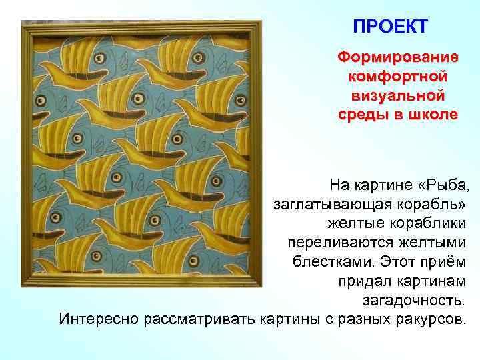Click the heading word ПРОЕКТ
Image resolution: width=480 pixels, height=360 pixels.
click(391, 27)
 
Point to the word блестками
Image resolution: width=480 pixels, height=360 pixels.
click(335, 260)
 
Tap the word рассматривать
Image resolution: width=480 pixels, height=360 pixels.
click(198, 318)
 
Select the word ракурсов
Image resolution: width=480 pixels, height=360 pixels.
click(428, 318)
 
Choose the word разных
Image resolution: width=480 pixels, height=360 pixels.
click(360, 318)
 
